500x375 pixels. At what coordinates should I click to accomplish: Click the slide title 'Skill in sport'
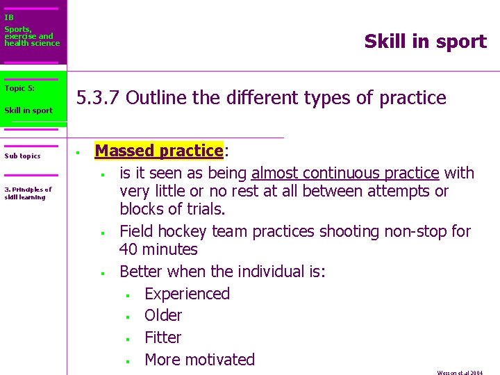425,42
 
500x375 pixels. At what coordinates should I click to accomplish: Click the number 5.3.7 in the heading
99,98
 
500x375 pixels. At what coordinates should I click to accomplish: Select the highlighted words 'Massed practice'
158,151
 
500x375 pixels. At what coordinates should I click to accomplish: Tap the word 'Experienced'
187,294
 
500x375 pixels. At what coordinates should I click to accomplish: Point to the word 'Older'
163,315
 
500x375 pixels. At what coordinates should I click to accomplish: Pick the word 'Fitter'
162,337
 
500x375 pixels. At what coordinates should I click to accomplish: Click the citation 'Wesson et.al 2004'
460,372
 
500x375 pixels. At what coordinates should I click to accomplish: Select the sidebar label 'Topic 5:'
19,88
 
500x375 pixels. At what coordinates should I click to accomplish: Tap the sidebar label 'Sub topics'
22,156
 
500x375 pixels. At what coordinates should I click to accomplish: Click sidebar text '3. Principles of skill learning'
28,193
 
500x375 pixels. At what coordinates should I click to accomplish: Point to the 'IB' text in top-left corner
8,17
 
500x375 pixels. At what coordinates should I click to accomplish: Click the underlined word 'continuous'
334,173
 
